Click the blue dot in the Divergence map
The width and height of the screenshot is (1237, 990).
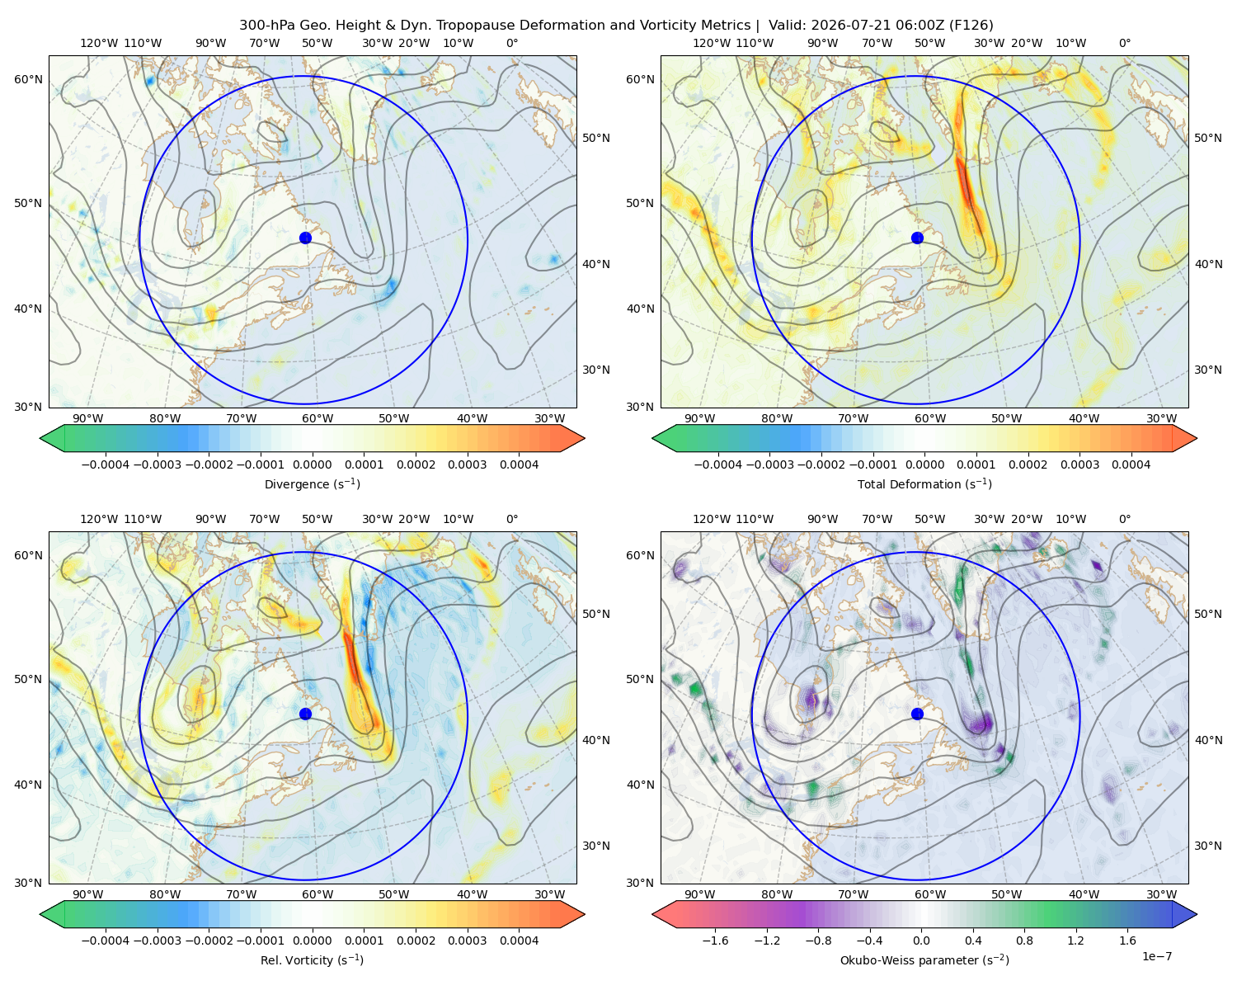305,238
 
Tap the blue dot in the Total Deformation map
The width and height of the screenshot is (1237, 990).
917,238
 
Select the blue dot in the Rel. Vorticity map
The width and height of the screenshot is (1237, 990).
305,714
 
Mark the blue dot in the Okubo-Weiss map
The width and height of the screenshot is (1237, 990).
917,714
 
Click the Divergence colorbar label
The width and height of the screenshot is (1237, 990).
312,483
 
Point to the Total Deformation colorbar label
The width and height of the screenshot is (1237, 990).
924,483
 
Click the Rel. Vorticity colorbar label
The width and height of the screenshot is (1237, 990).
312,959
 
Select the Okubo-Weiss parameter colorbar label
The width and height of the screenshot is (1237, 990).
924,959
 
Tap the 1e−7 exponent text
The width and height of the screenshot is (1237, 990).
1156,956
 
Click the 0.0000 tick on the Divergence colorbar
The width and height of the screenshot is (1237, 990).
312,464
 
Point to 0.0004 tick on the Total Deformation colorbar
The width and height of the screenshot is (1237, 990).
1131,464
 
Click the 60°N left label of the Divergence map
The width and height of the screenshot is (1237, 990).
28,79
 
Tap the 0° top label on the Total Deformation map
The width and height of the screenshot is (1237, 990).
1124,43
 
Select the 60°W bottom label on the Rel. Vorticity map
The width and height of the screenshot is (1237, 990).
317,894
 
